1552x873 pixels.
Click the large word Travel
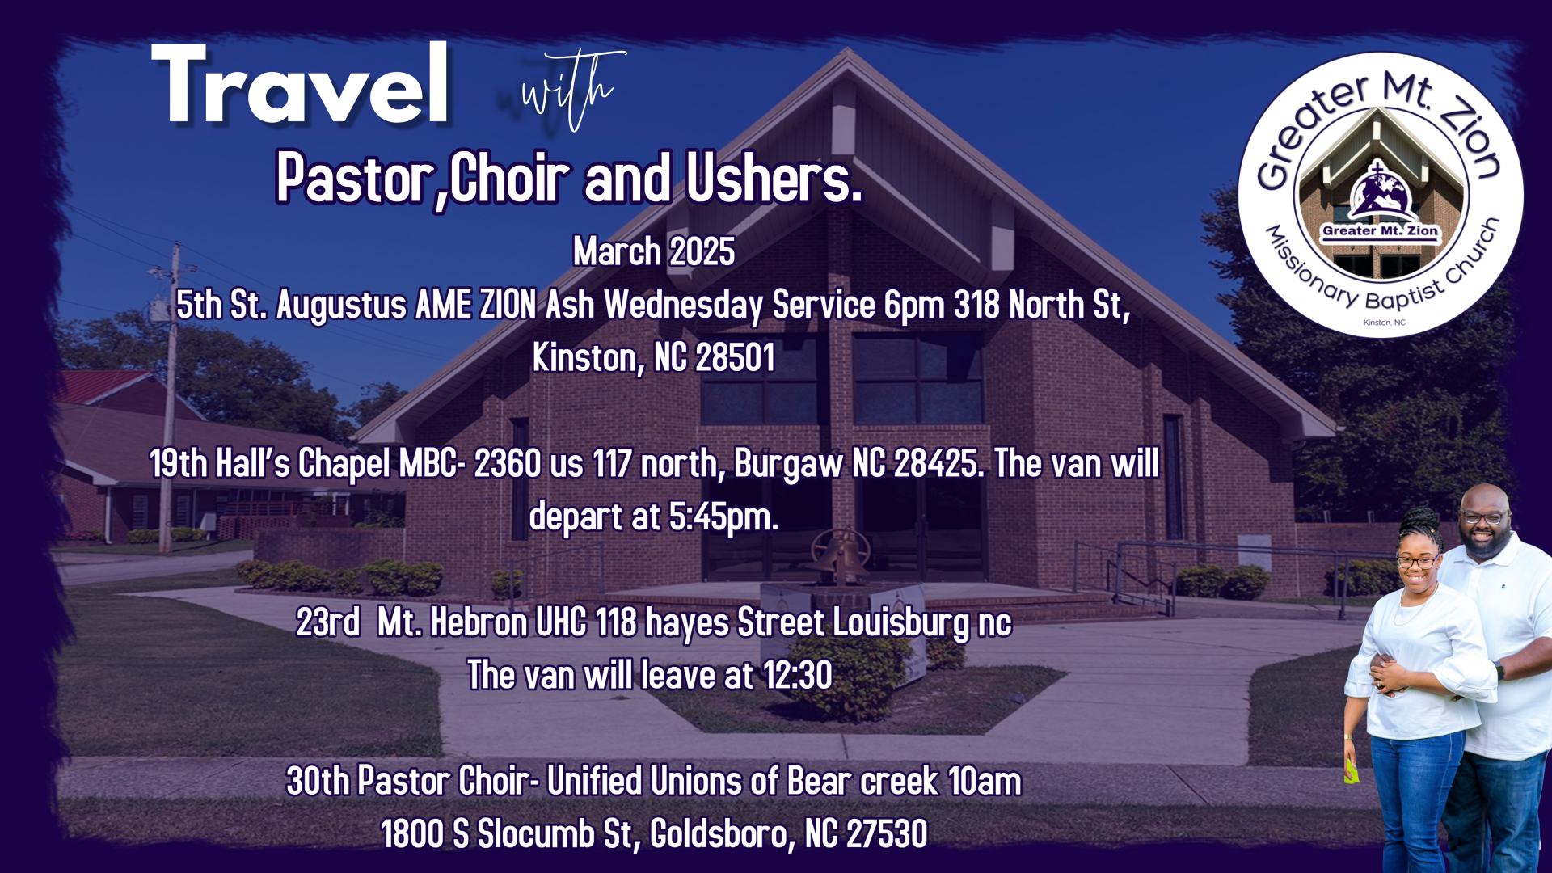tap(300, 84)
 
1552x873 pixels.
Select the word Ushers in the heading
tap(774, 177)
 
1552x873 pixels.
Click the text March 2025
tap(654, 251)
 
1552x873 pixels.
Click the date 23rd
tap(328, 622)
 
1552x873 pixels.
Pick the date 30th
tap(318, 781)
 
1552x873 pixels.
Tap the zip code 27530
tap(887, 834)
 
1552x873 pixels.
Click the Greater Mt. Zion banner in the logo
tap(1380, 230)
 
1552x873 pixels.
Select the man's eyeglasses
tap(1482, 518)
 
